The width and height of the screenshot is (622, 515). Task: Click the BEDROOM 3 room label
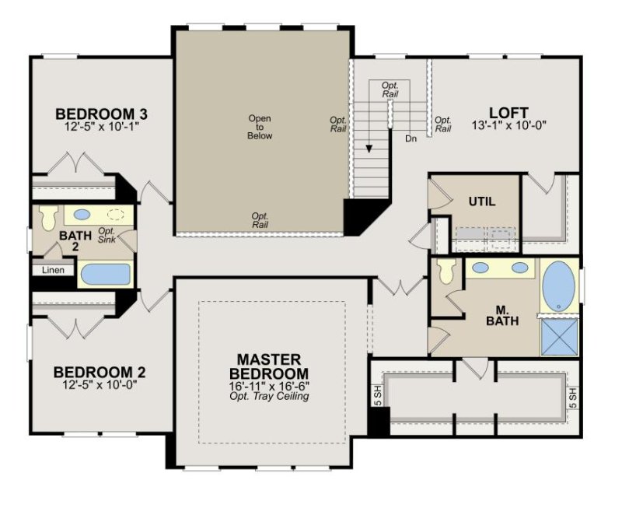click(102, 114)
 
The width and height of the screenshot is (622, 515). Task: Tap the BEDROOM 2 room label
click(100, 372)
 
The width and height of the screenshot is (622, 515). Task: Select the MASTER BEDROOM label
click(269, 366)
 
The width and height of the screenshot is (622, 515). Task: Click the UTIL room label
click(481, 201)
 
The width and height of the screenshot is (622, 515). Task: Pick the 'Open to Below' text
click(260, 127)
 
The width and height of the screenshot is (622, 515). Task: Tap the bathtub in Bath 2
click(105, 275)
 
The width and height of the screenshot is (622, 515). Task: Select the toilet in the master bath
click(446, 272)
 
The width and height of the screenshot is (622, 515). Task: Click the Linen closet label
click(53, 270)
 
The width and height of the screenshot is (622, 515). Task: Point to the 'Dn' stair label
click(410, 138)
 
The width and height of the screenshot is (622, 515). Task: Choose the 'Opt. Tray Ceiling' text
click(269, 397)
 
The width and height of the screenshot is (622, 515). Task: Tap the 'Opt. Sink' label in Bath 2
click(107, 236)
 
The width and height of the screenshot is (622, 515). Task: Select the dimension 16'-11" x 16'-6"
click(269, 385)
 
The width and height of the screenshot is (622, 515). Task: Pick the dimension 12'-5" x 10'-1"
click(102, 128)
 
